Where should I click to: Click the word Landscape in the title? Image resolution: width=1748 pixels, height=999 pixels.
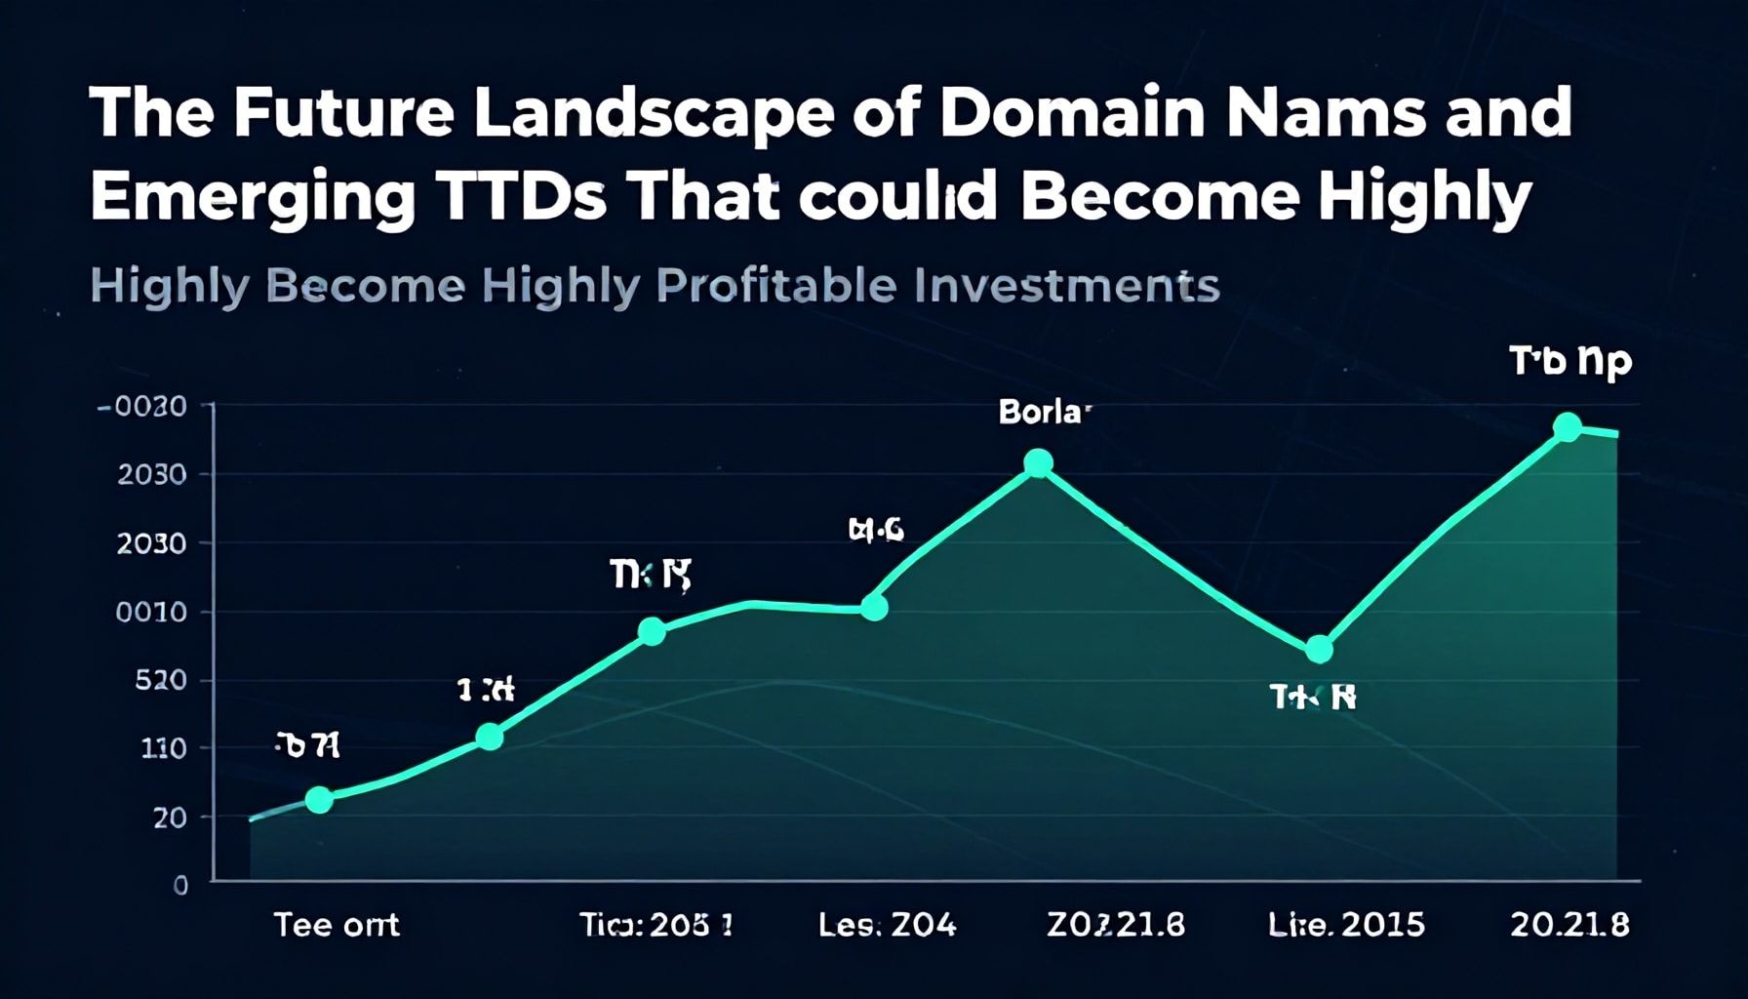[653, 114]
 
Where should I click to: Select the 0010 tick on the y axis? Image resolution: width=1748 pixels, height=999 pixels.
[150, 612]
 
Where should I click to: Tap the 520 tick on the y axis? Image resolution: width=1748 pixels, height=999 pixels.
[160, 680]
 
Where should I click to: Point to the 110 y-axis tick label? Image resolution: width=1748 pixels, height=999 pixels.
[163, 748]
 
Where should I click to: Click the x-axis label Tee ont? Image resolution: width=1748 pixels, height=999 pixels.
[337, 924]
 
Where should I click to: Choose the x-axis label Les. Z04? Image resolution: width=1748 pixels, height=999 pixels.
[887, 924]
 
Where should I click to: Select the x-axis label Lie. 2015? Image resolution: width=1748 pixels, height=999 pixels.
[1346, 924]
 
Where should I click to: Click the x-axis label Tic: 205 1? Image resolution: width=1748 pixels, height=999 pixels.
[655, 924]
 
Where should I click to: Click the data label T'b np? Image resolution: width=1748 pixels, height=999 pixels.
[1570, 362]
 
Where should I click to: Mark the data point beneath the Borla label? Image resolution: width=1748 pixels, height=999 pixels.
[1039, 463]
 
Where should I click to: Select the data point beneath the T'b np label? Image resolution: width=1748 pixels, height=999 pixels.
[1567, 426]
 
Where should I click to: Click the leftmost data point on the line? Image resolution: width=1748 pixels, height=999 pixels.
[319, 800]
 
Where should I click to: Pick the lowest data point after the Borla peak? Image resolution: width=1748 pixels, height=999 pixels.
[1319, 649]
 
